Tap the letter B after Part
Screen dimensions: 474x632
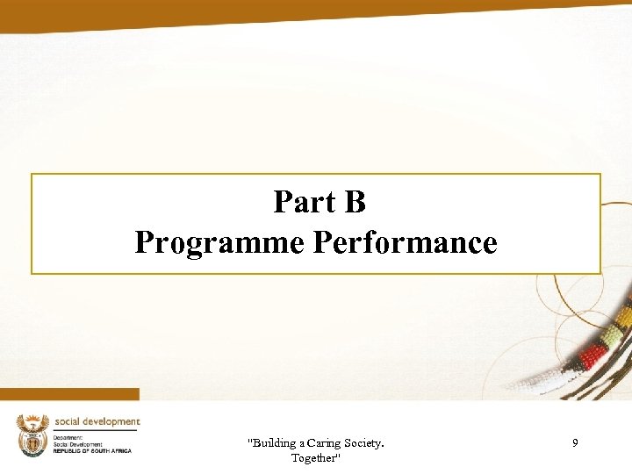pos(355,203)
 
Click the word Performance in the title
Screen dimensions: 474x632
pos(405,242)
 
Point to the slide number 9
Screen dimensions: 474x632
pos(575,444)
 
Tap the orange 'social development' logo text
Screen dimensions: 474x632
pos(97,422)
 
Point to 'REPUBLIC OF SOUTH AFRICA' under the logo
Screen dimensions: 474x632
pos(92,451)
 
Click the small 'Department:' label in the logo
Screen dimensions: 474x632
pos(68,437)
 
